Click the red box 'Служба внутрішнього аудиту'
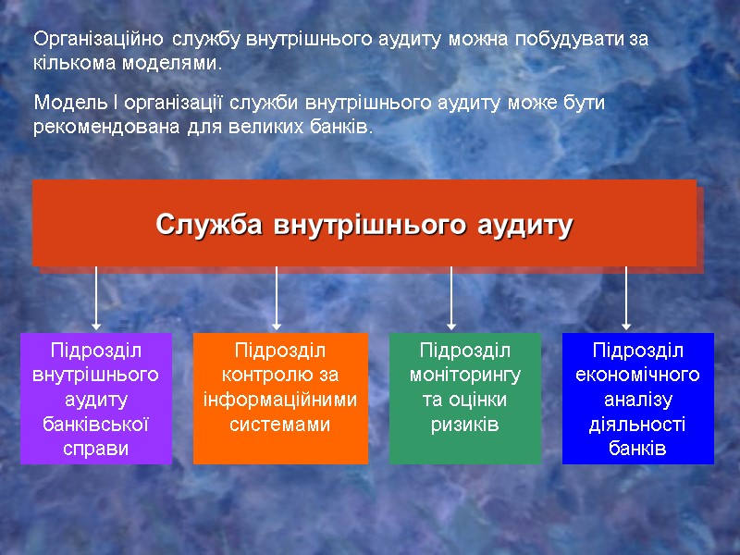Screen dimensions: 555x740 (x=364, y=223)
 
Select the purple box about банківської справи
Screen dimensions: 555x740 (x=96, y=399)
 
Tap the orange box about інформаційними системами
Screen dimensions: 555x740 (x=280, y=399)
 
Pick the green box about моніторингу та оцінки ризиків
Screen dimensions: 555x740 (x=464, y=399)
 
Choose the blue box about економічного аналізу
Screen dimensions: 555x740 (x=638, y=399)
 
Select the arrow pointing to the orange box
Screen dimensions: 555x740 (x=277, y=298)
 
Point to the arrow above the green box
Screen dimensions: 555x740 (x=451, y=298)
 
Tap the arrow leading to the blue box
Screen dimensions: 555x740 (x=626, y=298)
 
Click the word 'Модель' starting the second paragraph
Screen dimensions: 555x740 (x=64, y=102)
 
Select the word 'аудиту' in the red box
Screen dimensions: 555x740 (x=524, y=225)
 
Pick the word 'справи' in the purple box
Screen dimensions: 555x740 (x=96, y=449)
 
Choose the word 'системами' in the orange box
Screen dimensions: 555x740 (x=280, y=425)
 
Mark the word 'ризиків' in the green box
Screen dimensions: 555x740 (x=464, y=425)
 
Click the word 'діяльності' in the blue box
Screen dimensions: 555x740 (x=638, y=425)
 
